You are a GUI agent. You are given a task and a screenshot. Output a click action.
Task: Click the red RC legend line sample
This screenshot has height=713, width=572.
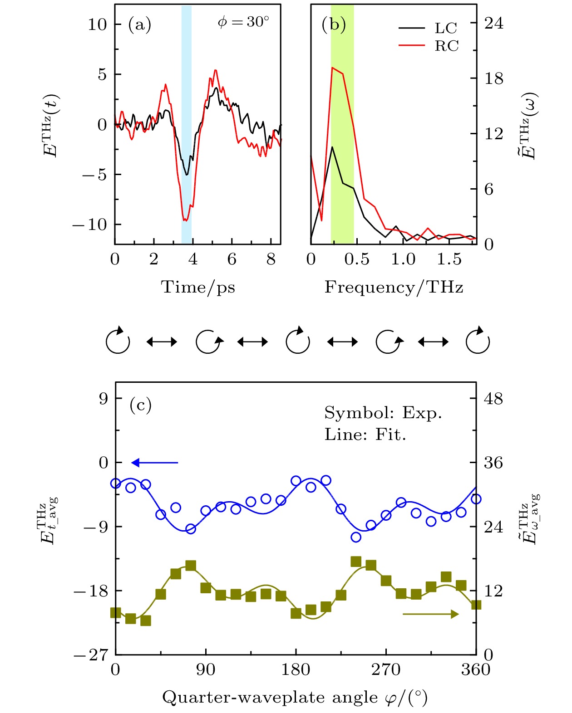coord(412,45)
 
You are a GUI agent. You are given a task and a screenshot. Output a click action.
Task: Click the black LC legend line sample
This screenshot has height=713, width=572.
coord(412,28)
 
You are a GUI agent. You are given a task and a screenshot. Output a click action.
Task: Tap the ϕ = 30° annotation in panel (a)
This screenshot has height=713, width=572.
coord(243,22)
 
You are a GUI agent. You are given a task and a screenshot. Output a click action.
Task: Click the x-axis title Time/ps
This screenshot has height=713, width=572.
coord(198,287)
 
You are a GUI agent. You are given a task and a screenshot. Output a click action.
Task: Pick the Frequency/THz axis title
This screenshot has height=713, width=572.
coord(394,287)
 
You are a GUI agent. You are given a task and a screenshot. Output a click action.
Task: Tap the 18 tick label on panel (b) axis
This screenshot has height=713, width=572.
coord(494,78)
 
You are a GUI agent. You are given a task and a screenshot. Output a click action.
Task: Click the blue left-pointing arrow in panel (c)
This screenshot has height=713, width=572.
coord(155,463)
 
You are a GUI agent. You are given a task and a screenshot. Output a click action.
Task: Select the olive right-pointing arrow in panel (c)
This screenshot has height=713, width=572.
coord(430,614)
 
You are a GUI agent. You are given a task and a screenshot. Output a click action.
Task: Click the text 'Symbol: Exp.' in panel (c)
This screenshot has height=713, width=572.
coord(383,413)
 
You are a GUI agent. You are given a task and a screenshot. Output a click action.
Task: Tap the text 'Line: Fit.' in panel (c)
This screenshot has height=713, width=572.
coord(365,435)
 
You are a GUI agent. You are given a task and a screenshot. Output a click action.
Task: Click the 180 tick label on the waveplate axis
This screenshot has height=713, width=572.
coord(296,669)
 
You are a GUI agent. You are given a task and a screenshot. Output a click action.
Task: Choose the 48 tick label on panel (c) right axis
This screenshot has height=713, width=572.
coord(493,399)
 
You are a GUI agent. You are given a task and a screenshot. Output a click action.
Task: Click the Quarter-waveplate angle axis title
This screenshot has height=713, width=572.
coord(295,697)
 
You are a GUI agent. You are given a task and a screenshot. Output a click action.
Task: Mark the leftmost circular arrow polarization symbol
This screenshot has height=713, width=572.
coord(118,342)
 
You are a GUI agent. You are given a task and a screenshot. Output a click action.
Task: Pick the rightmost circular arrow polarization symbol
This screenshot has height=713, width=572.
coord(478,342)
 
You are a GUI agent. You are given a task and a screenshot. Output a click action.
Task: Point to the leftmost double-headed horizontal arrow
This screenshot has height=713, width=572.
coord(162,342)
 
